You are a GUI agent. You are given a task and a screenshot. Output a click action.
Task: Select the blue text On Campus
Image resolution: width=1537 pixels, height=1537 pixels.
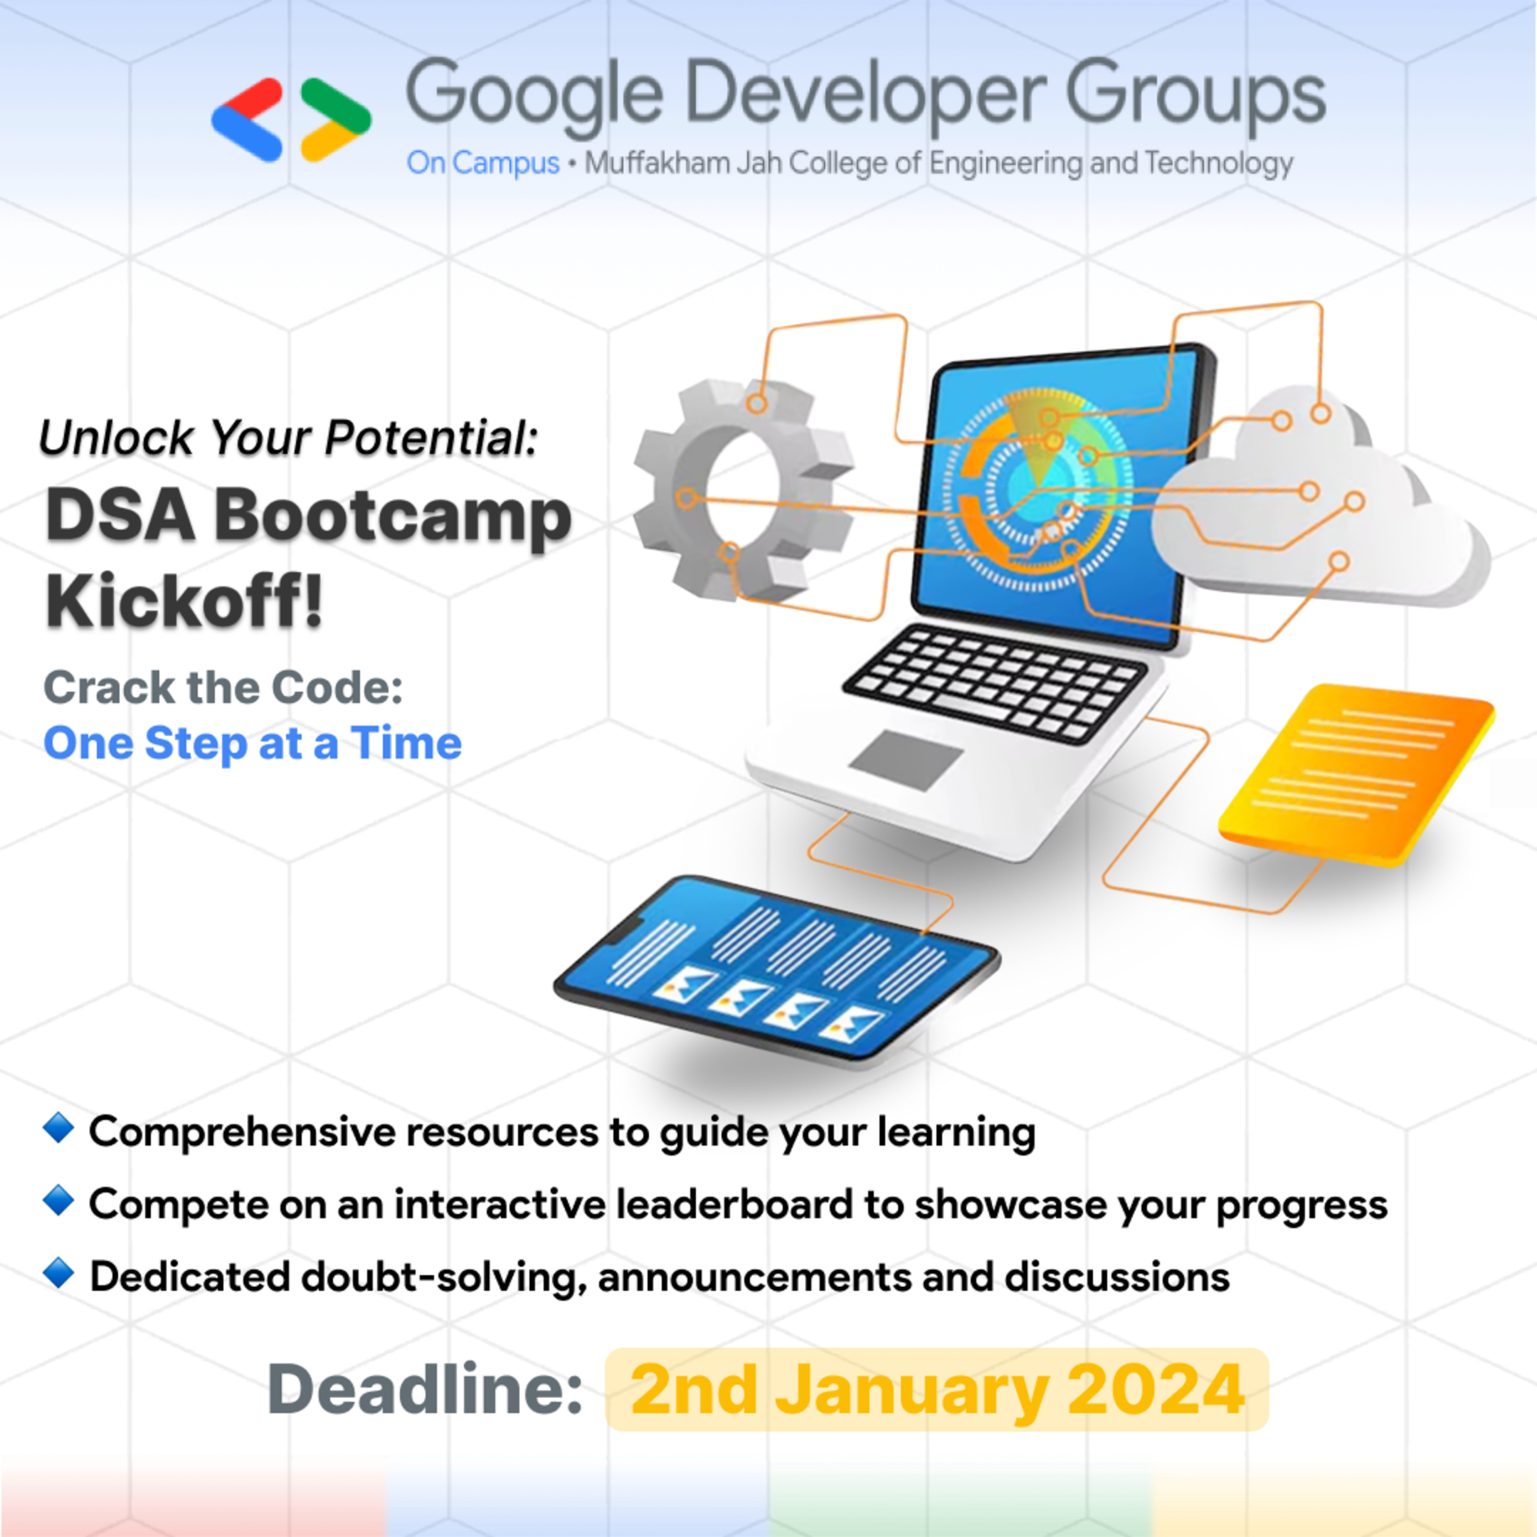click(x=483, y=163)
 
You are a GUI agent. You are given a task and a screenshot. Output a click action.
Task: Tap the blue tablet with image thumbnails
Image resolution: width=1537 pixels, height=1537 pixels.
click(x=776, y=966)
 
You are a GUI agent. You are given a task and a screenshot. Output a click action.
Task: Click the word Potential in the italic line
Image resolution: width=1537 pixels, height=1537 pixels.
click(x=431, y=438)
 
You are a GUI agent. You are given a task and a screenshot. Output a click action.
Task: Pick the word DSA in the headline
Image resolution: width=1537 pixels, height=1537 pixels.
click(x=120, y=515)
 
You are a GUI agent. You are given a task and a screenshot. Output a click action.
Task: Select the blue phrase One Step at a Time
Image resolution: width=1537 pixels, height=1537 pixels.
click(x=252, y=743)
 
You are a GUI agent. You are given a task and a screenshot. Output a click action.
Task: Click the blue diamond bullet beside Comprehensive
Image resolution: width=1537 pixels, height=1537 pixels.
click(x=59, y=1128)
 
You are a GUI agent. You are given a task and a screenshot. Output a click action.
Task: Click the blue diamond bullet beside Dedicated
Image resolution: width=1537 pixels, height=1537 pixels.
click(x=59, y=1273)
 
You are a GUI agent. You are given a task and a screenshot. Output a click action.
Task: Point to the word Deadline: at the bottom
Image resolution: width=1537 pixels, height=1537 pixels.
click(x=426, y=1389)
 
